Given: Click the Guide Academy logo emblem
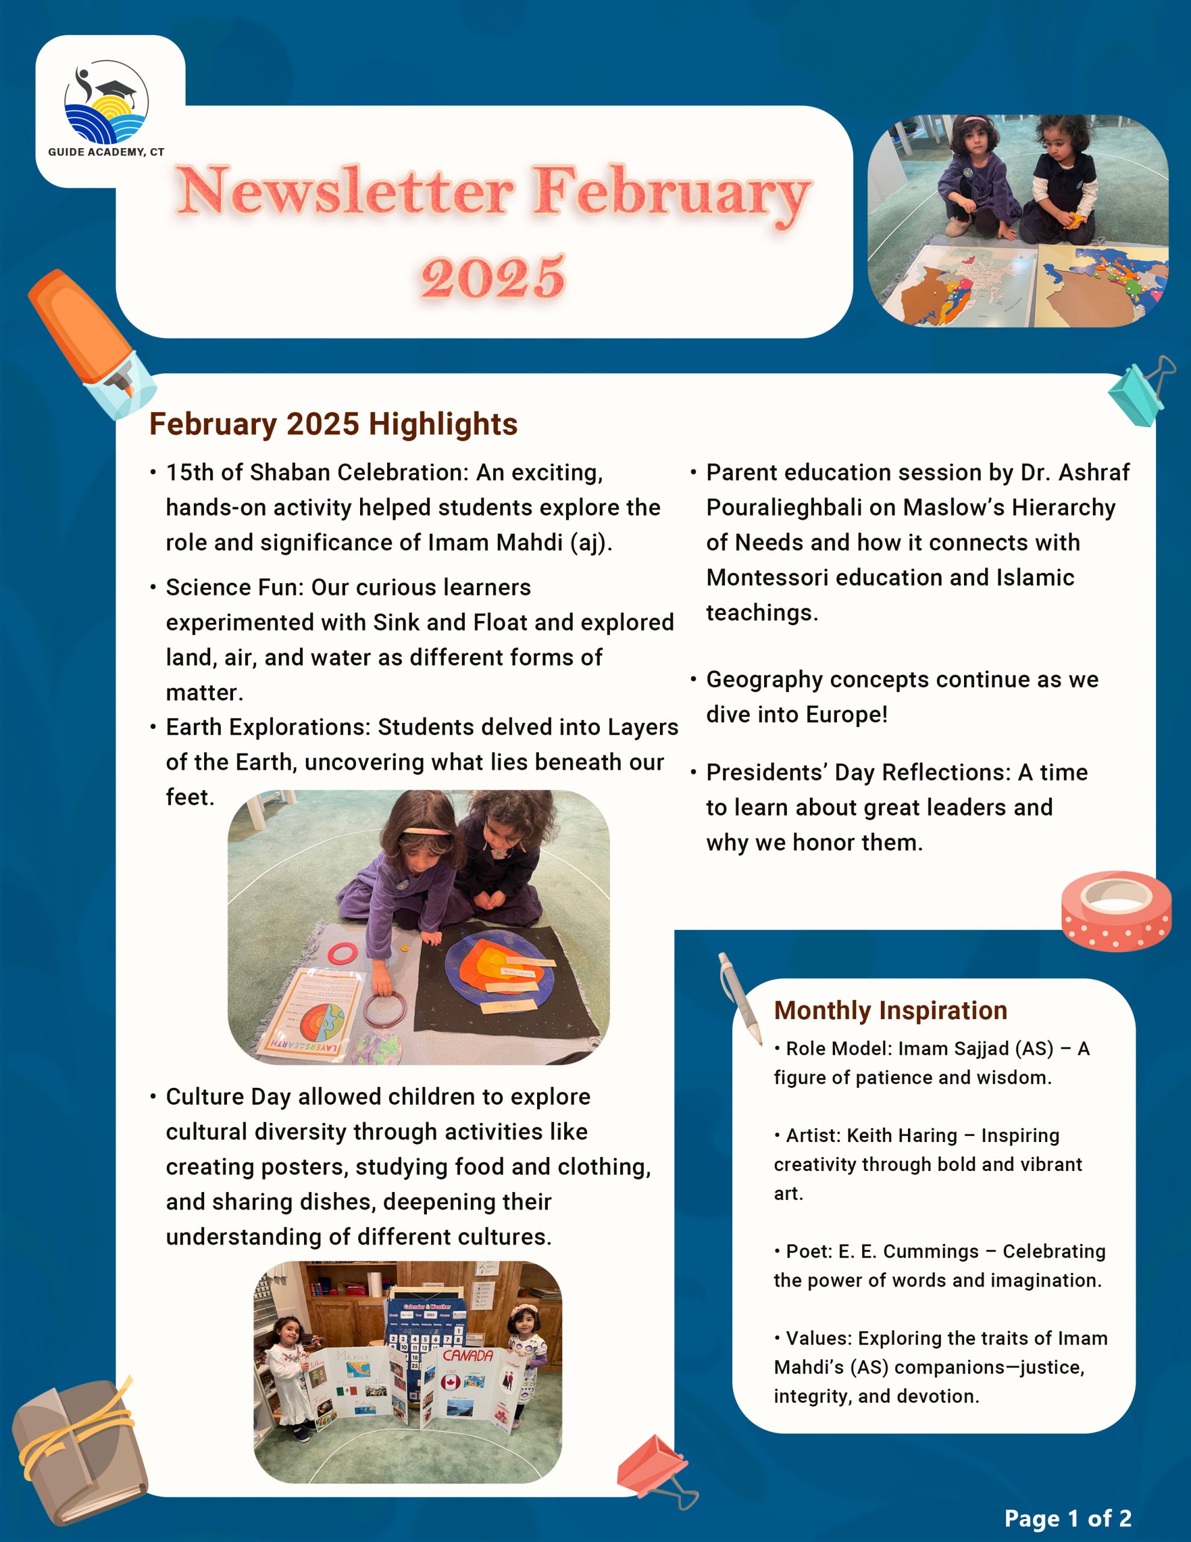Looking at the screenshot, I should click(107, 102).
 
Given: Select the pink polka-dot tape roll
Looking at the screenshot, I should click(1116, 911).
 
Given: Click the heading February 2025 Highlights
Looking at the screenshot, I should click(333, 424).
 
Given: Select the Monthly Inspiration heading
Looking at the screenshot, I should click(891, 1010).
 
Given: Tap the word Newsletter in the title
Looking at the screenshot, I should click(346, 192).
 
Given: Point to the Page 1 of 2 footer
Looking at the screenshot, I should click(1068, 1518).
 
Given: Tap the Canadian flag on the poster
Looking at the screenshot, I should click(450, 1382).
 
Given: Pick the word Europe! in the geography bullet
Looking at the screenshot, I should click(847, 714).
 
